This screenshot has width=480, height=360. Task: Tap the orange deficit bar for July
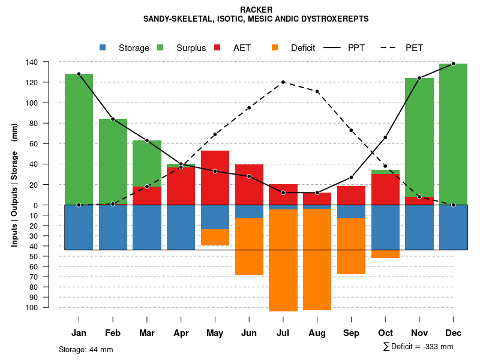pos(283,260)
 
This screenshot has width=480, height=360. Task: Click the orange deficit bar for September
pos(351,246)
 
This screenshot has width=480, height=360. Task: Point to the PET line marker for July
pos(283,82)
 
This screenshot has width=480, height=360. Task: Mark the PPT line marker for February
pos(113,119)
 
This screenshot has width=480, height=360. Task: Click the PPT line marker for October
pos(385,137)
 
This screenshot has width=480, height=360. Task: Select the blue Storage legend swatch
pos(103,47)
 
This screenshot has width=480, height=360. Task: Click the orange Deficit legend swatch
pos(275,47)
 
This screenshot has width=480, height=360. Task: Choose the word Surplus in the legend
pos(191,48)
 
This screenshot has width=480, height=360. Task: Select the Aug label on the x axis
pos(317,333)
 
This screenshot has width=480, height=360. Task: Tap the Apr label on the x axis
pos(181,333)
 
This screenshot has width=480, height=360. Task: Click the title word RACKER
pos(256,10)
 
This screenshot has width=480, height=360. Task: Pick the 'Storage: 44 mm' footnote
pos(86,349)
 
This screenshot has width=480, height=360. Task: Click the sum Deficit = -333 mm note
pos(418,346)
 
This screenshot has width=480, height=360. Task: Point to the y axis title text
pos(14,185)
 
